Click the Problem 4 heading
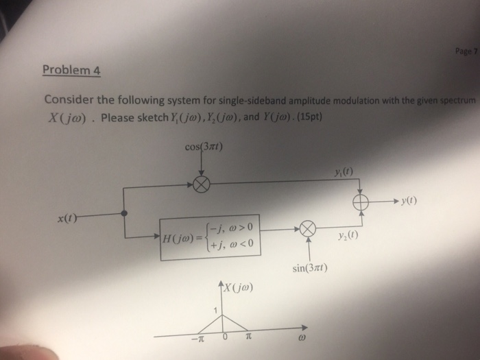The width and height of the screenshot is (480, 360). point(71,69)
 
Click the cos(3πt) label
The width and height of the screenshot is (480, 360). point(204,147)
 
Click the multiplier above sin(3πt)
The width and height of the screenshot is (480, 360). point(308,230)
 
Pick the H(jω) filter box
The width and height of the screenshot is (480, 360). point(211,237)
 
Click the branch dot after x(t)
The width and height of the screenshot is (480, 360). point(124,214)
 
